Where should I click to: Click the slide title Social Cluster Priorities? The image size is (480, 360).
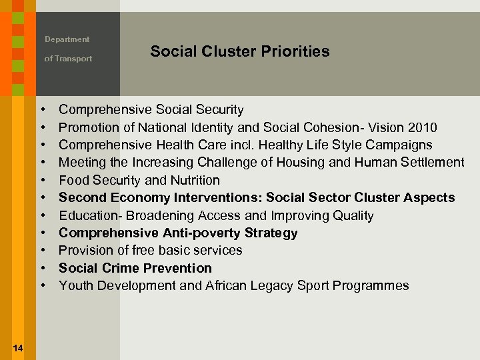click(x=239, y=51)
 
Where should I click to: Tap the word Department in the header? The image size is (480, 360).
click(x=67, y=39)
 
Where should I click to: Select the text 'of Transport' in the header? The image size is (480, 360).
click(x=68, y=59)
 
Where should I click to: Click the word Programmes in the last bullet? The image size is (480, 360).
click(x=372, y=285)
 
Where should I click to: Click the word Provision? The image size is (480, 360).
click(x=84, y=250)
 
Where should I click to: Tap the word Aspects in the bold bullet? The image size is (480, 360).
click(x=430, y=197)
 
